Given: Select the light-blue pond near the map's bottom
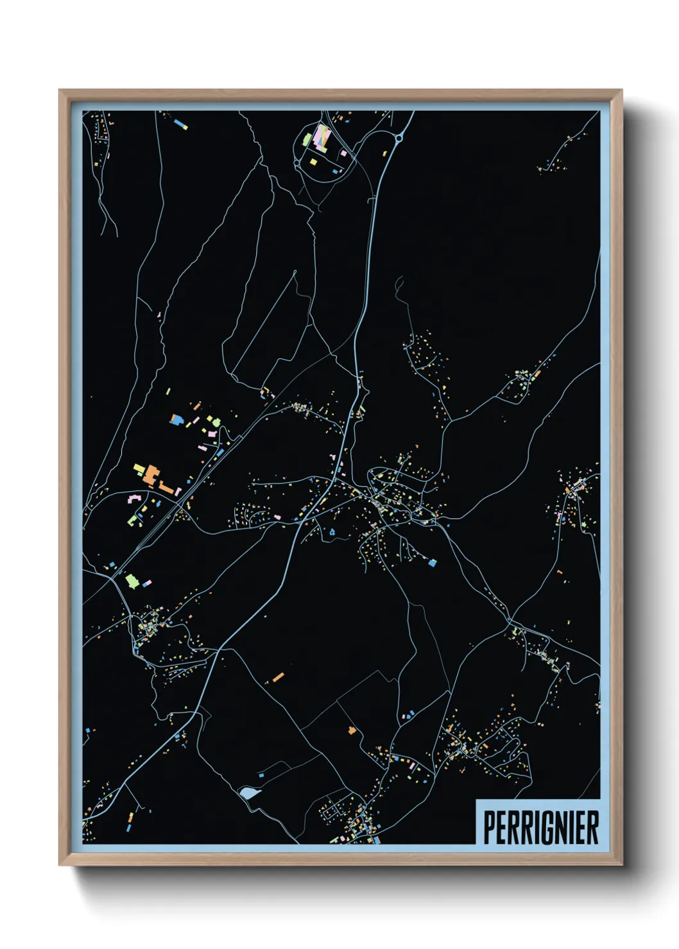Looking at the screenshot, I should [248, 793].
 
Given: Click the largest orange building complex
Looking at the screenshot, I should [150, 476].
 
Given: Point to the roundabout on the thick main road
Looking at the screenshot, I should [399, 137].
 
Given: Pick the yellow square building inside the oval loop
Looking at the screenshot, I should [313, 162].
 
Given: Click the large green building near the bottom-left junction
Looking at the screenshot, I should [132, 581].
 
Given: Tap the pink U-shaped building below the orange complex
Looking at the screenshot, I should [135, 498].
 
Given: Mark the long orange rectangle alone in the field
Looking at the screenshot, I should [278, 676].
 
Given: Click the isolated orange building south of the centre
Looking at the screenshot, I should [351, 730].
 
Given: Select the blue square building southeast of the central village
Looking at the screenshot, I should [433, 563].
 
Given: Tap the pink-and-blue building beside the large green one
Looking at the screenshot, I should [147, 584].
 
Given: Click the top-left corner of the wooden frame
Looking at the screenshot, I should [60, 90].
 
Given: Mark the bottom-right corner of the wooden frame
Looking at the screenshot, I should [622, 865].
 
